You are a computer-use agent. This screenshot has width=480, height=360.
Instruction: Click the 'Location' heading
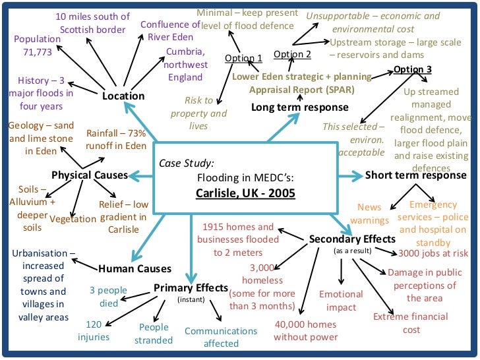[123, 96]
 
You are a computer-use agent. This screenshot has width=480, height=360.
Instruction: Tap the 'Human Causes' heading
[135, 268]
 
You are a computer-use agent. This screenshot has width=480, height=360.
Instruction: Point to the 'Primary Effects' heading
[191, 288]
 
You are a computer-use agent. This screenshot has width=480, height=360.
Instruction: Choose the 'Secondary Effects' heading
[352, 239]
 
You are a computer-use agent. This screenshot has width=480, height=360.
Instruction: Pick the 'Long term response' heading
[300, 107]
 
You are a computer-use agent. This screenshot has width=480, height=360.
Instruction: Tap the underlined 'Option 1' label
[243, 58]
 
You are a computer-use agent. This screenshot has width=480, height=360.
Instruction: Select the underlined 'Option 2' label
[292, 54]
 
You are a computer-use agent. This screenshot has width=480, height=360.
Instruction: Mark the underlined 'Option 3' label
[413, 69]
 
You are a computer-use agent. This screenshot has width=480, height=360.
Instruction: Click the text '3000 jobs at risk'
[433, 253]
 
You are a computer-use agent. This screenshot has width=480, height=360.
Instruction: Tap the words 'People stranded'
[154, 334]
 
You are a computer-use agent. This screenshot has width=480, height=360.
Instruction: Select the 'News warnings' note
[369, 214]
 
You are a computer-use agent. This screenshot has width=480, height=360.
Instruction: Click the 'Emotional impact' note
[341, 301]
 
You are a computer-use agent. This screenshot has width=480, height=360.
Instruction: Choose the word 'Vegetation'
[73, 220]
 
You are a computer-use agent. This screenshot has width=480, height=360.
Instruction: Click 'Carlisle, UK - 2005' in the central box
[245, 193]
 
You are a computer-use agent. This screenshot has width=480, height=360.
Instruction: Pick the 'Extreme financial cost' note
[411, 322]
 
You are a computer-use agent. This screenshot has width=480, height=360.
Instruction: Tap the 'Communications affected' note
[221, 337]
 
